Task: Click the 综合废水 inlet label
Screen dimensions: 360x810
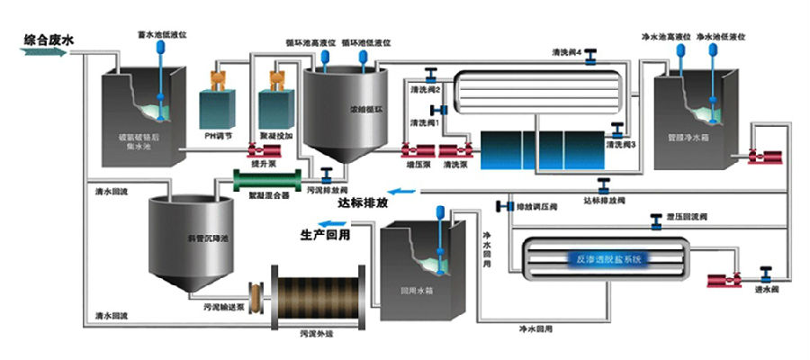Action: click(x=43, y=39)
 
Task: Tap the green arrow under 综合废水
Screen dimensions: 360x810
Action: click(x=43, y=52)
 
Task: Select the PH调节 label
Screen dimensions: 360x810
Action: click(x=220, y=136)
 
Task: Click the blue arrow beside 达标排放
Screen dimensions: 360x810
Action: click(x=407, y=191)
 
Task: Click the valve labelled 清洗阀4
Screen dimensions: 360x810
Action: click(x=591, y=60)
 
